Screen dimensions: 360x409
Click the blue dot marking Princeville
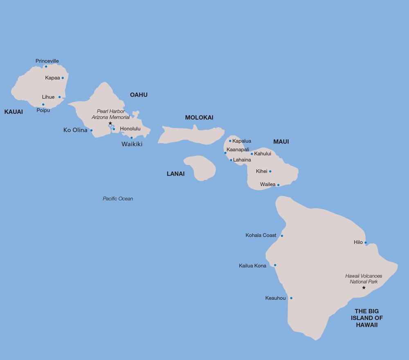[46, 66]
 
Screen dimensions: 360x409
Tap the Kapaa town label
[53, 77]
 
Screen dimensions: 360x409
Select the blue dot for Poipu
[43, 104]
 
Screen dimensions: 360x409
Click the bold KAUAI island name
[13, 111]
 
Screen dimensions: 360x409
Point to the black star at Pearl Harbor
[110, 123]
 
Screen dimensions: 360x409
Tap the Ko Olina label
[75, 130]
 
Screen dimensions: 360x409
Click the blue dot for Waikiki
[131, 137]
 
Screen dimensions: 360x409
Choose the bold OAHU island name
[139, 95]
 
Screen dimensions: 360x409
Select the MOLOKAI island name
[199, 117]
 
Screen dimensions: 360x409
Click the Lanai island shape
[200, 167]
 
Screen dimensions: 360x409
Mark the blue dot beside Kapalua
[230, 141]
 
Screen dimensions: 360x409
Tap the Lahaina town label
[242, 160]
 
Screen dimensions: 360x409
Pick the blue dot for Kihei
[270, 171]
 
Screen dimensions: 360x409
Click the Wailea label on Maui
[267, 184]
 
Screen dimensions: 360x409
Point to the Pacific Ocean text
[118, 199]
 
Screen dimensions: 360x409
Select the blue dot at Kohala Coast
[281, 236]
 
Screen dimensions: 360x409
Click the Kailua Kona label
[252, 266]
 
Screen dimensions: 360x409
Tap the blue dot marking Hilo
[365, 242]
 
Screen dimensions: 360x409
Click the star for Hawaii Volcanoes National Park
[364, 288]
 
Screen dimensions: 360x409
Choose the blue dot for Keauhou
[291, 298]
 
